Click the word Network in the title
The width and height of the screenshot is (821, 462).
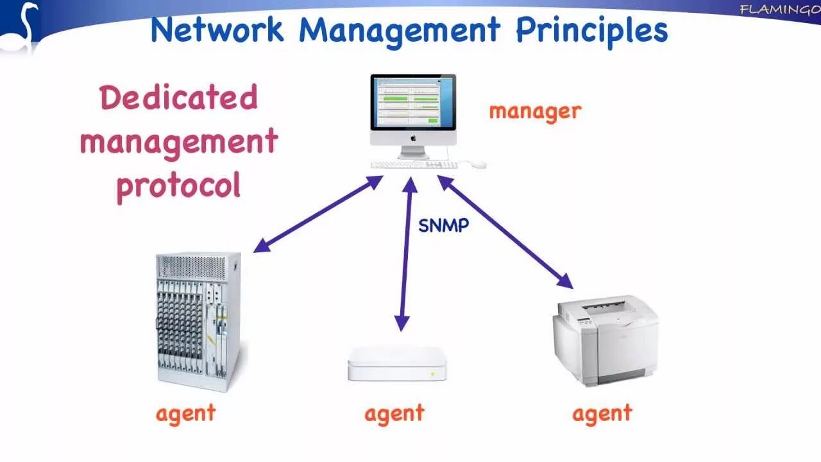pyautogui.click(x=216, y=30)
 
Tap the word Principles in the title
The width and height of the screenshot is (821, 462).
pyautogui.click(x=591, y=30)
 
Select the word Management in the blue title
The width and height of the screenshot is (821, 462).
pyautogui.click(x=399, y=30)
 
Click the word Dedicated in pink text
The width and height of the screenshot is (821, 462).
pyautogui.click(x=178, y=98)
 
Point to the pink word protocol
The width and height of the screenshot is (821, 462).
pyautogui.click(x=178, y=185)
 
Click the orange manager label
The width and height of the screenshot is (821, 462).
pyautogui.click(x=534, y=111)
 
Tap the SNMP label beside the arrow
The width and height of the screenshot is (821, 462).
pyautogui.click(x=444, y=225)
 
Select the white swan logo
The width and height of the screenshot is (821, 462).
pyautogui.click(x=21, y=27)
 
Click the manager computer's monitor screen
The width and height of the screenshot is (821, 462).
pyautogui.click(x=413, y=102)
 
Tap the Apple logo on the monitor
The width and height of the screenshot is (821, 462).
pyautogui.click(x=413, y=137)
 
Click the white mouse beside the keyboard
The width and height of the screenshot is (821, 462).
pyautogui.click(x=478, y=165)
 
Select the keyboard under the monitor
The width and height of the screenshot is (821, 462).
pyautogui.click(x=414, y=165)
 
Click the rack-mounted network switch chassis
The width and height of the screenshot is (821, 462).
pyautogui.click(x=198, y=320)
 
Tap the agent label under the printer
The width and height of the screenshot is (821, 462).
pyautogui.click(x=602, y=413)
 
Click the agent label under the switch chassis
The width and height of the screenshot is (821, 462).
pyautogui.click(x=185, y=413)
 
